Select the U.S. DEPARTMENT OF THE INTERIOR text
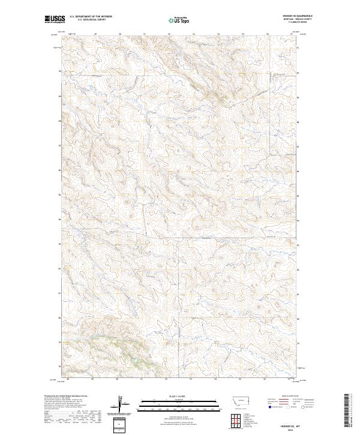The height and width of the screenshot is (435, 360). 91,17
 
